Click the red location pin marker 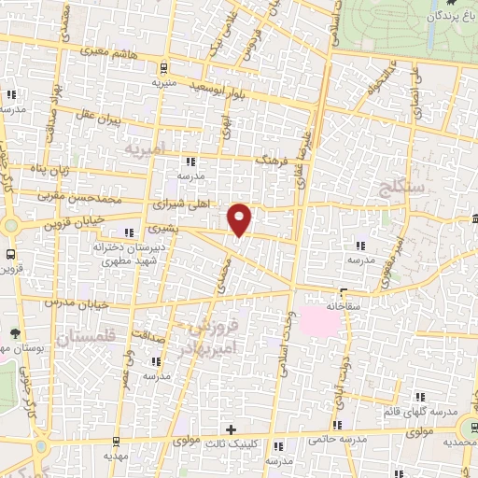(x=240, y=218)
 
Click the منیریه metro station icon (x=164, y=67)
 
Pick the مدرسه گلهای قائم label (x=428, y=412)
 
